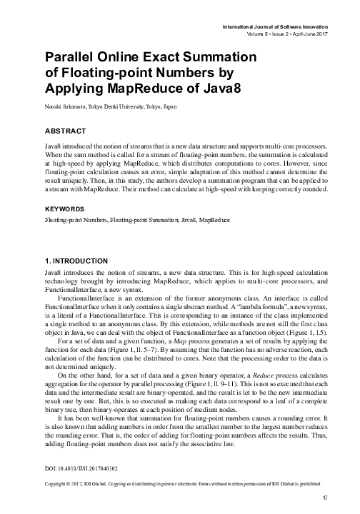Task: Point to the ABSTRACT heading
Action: (x=65, y=131)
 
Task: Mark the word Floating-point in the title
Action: (x=107, y=71)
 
